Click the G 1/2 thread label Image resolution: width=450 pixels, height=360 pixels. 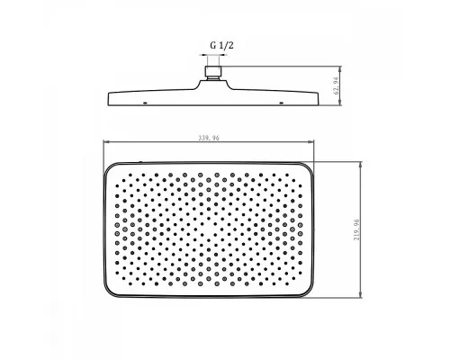click(221, 46)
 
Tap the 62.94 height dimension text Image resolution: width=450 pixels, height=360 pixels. click(337, 86)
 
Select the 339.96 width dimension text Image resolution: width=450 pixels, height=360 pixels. click(209, 138)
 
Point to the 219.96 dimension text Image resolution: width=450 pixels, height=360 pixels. click(356, 229)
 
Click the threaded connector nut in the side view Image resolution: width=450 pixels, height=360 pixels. click(213, 71)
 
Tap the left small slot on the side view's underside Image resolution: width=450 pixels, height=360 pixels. click(145, 103)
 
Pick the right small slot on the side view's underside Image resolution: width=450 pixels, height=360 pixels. click(281, 103)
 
